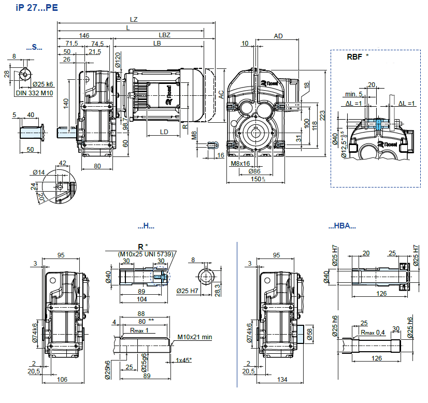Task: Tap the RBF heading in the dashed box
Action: [354, 57]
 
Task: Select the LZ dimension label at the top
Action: [134, 19]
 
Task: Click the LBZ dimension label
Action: [164, 35]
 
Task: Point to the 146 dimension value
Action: [84, 35]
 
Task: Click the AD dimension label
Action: [278, 36]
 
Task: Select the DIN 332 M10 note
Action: [34, 93]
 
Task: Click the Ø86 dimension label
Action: [254, 171]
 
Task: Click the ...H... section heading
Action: [146, 226]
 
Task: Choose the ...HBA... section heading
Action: [342, 226]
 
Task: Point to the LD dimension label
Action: [164, 132]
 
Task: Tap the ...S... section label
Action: [34, 47]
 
